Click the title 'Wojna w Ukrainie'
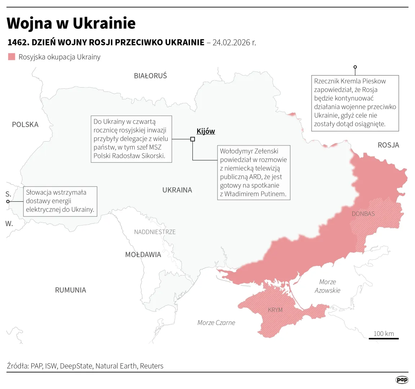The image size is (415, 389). point(71,23)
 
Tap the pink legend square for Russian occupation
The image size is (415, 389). point(12,57)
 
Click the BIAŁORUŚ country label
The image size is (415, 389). point(150,76)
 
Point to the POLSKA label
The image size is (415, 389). point(25,125)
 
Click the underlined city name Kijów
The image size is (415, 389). point(206,131)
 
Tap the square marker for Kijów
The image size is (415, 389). point(192,139)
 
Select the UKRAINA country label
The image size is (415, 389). point(177,190)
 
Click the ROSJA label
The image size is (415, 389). point(388,145)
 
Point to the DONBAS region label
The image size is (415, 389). point(363,214)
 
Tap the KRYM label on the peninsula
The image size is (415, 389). point(275,310)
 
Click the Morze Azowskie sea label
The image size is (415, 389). point(327,286)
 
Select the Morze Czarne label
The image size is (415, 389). point(216,323)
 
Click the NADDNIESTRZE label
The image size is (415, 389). point(155,232)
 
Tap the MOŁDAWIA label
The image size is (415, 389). point(143,255)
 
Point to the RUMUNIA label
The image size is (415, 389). point(70,290)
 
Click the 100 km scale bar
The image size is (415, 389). point(384,338)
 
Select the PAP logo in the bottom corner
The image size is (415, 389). point(402,380)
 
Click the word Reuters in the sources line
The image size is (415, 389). point(152,366)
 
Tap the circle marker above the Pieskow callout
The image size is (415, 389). point(355,67)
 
